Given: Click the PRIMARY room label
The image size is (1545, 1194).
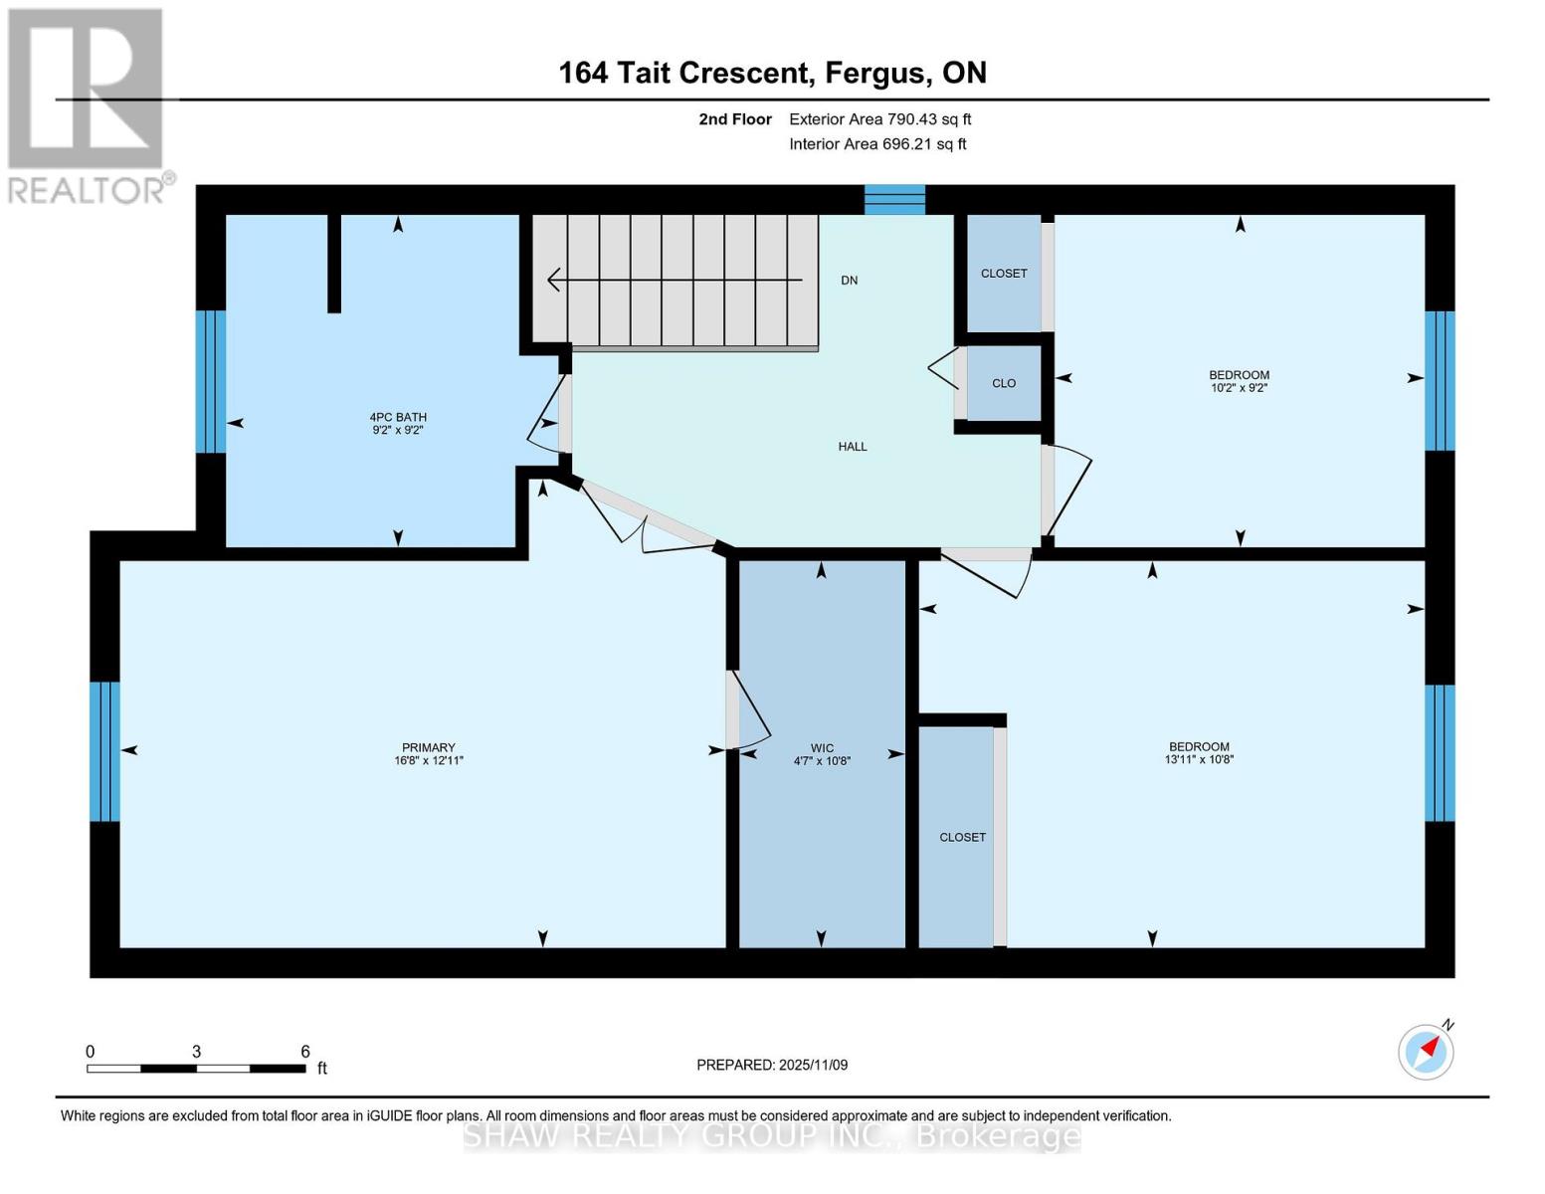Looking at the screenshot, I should (428, 747).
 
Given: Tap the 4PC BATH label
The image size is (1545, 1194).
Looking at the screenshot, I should (398, 417).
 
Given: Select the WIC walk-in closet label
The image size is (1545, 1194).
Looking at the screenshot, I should (822, 748).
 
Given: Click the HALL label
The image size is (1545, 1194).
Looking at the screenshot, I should (853, 447).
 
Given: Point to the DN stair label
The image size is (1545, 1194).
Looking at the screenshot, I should (849, 281).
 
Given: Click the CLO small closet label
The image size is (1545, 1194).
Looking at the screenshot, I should (1004, 383).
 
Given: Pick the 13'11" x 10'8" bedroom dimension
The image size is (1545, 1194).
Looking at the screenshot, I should (1199, 760).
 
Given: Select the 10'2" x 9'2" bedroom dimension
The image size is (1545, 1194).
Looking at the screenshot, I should (1239, 388).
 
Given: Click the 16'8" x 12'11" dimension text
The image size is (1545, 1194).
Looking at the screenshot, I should (429, 761).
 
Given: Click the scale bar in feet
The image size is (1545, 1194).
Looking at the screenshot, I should (196, 1069).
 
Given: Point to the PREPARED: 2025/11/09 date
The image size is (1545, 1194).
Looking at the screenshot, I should (772, 1065).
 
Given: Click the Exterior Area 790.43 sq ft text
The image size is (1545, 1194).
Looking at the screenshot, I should (879, 119).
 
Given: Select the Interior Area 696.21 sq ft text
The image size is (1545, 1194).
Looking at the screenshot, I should (877, 144).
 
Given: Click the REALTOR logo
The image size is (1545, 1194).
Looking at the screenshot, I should (87, 104).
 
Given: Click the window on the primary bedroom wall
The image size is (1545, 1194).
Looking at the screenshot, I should (104, 751).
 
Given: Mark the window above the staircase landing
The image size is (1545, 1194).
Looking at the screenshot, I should (894, 200).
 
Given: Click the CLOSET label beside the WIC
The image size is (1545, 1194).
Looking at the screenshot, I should (962, 838).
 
